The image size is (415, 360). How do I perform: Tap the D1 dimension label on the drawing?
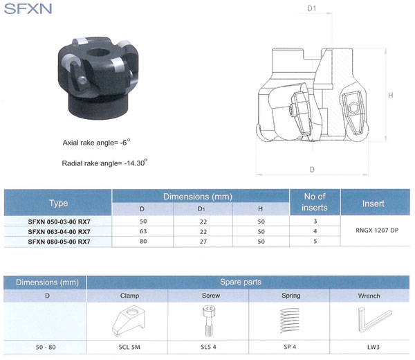pyautogui.click(x=312, y=9)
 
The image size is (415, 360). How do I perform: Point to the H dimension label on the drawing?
pyautogui.click(x=391, y=95)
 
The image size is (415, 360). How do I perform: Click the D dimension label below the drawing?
pyautogui.click(x=313, y=170)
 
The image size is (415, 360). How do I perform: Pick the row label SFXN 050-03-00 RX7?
pyautogui.click(x=59, y=221)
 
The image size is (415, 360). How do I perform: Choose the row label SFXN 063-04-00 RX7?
pyautogui.click(x=59, y=231)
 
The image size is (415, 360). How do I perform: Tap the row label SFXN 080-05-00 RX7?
pyautogui.click(x=59, y=242)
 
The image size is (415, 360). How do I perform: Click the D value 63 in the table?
pyautogui.click(x=142, y=231)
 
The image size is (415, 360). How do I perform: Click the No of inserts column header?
pyautogui.click(x=315, y=202)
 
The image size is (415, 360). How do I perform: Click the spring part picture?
pyautogui.click(x=290, y=323)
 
